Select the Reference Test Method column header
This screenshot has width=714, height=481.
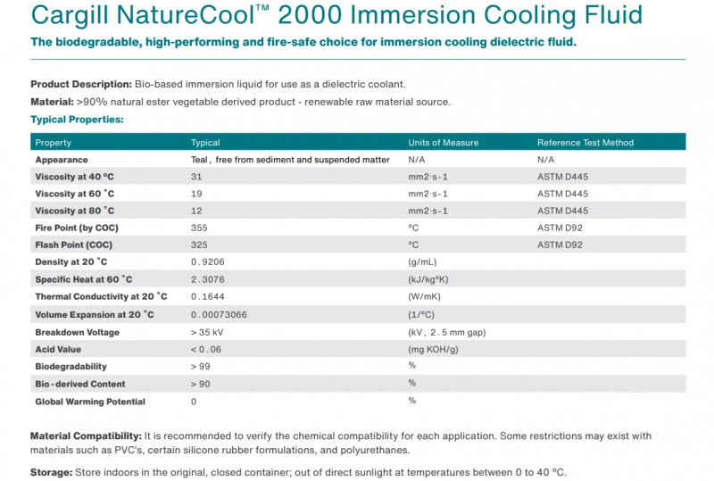(585, 143)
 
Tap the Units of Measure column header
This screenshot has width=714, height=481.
(443, 143)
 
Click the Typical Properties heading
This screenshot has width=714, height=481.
(77, 119)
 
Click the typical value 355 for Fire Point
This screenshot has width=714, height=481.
(199, 228)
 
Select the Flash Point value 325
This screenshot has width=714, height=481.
(199, 245)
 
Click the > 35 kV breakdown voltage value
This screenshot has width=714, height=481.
(208, 332)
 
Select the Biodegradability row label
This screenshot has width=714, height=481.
(71, 367)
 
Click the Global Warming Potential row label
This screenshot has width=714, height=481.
(89, 402)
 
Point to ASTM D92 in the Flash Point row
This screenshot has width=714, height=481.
(560, 245)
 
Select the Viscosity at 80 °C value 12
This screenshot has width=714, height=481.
(196, 211)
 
